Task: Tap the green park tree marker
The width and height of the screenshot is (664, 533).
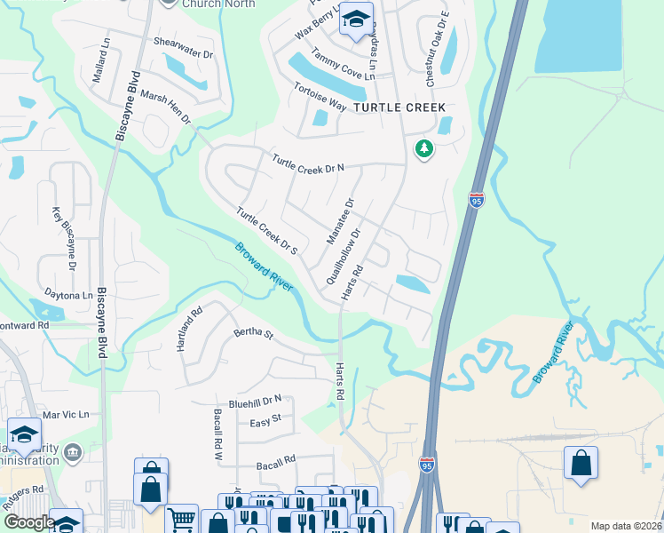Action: (x=424, y=148)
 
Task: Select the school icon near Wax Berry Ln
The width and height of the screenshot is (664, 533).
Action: (x=356, y=20)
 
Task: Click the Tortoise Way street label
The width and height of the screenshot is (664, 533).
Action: (x=320, y=96)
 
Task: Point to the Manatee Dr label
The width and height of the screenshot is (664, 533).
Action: (x=340, y=221)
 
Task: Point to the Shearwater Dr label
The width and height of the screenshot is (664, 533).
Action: (x=184, y=48)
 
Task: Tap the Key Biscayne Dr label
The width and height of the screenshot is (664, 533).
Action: (x=64, y=239)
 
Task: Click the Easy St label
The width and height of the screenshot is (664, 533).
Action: (x=265, y=418)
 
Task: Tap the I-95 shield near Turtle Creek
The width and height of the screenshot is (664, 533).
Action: (x=477, y=200)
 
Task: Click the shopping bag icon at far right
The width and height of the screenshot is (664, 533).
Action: (x=581, y=463)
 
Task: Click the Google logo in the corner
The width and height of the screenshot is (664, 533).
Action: (x=28, y=523)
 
